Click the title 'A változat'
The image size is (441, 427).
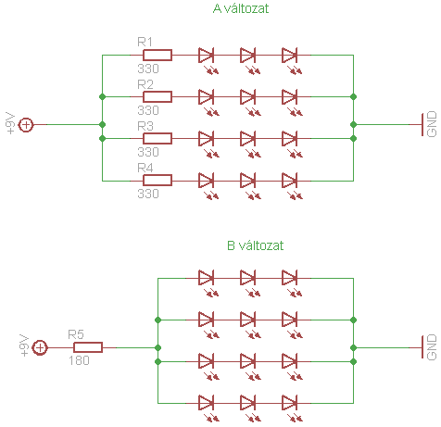[241, 8]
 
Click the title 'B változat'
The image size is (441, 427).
[255, 245]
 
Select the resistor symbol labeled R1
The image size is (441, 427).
[157, 55]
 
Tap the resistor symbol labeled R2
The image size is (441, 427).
[157, 96]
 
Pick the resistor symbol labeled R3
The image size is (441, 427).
[157, 138]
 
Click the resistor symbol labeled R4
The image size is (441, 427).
[157, 180]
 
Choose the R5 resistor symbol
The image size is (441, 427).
[88, 347]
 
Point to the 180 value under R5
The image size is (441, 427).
[79, 360]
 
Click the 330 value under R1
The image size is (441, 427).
[148, 69]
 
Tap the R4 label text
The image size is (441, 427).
[145, 168]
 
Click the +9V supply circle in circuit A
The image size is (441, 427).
[26, 125]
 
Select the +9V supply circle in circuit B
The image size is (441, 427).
[40, 347]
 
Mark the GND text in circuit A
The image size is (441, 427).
[432, 124]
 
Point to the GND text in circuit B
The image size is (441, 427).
[432, 347]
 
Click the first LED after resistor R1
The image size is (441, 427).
[206, 56]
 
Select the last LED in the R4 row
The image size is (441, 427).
[290, 181]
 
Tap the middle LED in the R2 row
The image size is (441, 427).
[247, 97]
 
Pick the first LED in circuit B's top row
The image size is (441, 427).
[206, 278]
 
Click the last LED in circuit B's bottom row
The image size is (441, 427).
[290, 403]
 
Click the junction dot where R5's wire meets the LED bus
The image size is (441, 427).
[157, 348]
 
